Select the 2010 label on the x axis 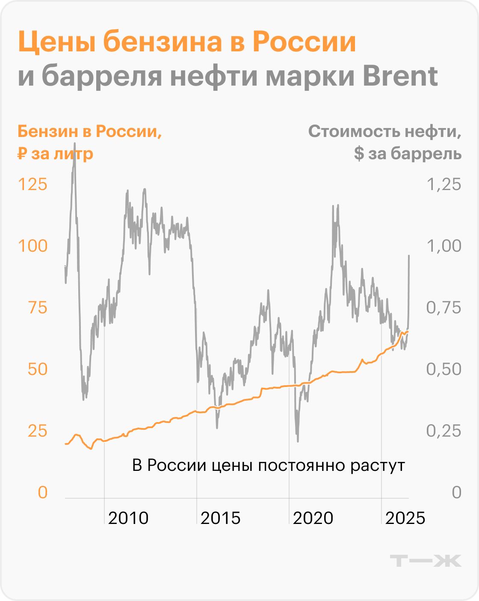coord(128,518)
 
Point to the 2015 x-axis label coord(220,518)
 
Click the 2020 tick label coord(313,518)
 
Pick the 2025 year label coord(405,518)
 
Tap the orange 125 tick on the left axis coord(32,185)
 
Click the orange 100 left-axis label coord(32,246)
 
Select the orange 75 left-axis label coord(38,308)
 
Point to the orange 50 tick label coord(38,369)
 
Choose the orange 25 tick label coord(38,431)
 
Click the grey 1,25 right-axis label coord(444,185)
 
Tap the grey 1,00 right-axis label coord(444,246)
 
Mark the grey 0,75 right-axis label coord(444,308)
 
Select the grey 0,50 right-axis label coord(444,369)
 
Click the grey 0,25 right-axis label coord(444,431)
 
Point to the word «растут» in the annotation coord(378,465)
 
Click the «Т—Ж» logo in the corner coord(426,561)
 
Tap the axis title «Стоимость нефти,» coord(384,131)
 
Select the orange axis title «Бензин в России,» coord(90,131)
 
